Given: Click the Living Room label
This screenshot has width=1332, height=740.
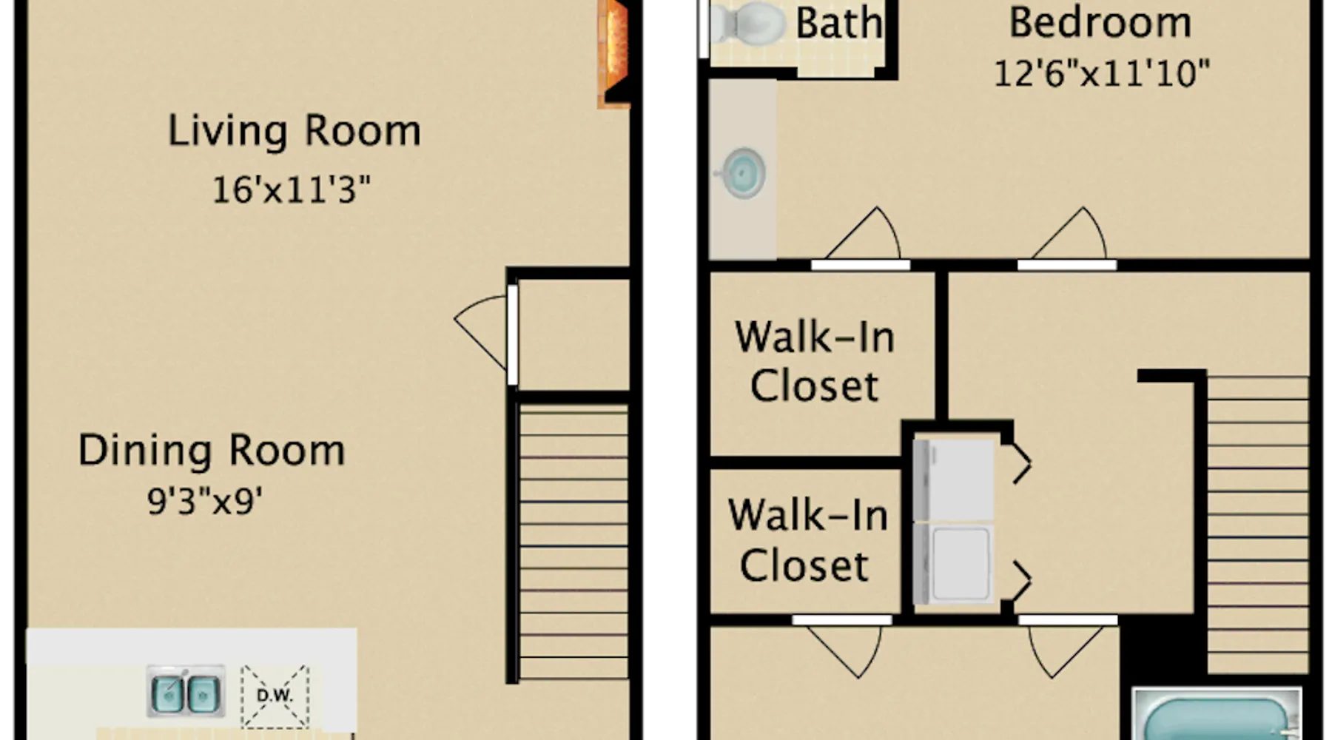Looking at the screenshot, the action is click(x=295, y=132).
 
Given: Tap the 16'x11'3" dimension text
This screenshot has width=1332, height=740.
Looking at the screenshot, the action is click(x=291, y=189).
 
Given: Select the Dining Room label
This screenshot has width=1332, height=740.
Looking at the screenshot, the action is click(x=212, y=451).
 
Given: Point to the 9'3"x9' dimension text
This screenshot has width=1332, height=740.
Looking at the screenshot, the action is click(x=205, y=501).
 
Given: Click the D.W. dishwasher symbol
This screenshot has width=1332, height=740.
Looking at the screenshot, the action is click(x=275, y=696).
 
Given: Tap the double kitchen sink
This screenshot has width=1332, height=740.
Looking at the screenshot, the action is click(x=186, y=691).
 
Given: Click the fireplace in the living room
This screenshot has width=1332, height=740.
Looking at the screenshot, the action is click(x=613, y=53).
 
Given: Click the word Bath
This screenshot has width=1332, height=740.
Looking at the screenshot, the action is click(x=839, y=24).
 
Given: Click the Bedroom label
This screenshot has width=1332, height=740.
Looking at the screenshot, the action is click(x=1100, y=22).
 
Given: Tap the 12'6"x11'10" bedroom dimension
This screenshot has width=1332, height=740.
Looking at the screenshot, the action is click(x=1101, y=74).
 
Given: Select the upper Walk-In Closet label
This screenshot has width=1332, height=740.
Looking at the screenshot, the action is click(x=815, y=361).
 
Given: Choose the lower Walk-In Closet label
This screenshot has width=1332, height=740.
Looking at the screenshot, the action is click(x=807, y=540).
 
